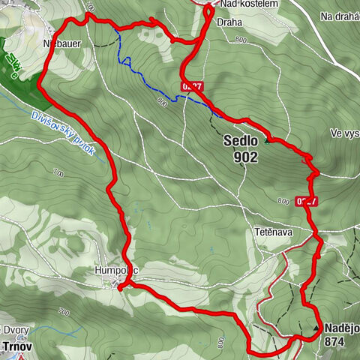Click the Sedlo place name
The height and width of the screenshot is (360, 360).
point(241,139)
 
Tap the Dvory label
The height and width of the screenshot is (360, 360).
point(16,330)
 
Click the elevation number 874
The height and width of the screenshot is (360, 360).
point(337,341)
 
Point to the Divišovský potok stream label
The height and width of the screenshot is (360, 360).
point(64,133)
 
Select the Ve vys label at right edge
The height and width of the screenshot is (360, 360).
point(344,133)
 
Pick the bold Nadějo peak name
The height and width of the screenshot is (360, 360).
point(341,328)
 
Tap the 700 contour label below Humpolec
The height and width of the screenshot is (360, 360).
point(63,310)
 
